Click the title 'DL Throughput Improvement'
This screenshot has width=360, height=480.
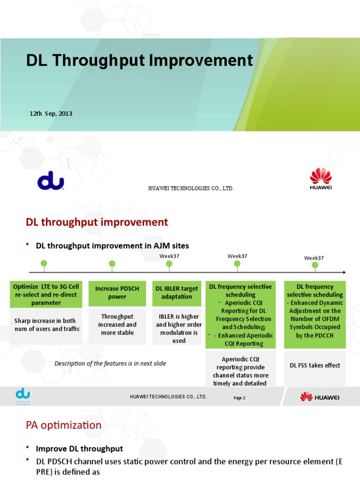(x=139, y=60)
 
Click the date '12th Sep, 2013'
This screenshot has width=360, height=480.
(x=51, y=113)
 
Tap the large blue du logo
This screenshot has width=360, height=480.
(x=51, y=180)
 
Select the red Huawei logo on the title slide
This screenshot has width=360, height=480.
(x=321, y=180)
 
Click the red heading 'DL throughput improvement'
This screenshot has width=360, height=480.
(x=97, y=222)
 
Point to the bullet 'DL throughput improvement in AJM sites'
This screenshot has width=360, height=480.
(x=112, y=245)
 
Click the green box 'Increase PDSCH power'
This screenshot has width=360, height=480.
(x=117, y=292)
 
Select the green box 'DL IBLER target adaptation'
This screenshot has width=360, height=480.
(x=177, y=292)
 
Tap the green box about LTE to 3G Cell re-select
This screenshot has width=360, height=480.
(x=46, y=294)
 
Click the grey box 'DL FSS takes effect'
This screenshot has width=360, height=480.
(x=315, y=365)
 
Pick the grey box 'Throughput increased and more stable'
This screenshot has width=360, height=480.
(x=117, y=324)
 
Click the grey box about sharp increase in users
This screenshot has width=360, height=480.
(x=46, y=324)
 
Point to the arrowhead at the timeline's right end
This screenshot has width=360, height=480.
(x=344, y=272)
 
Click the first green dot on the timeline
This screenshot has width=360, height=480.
(x=44, y=264)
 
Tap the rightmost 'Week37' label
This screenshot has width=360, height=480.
(x=314, y=258)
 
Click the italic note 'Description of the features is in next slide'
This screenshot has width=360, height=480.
(x=110, y=363)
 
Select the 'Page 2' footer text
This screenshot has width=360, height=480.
(x=240, y=397)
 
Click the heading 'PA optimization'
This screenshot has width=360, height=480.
(x=63, y=425)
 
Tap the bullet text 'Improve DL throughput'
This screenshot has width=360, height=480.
(x=80, y=449)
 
